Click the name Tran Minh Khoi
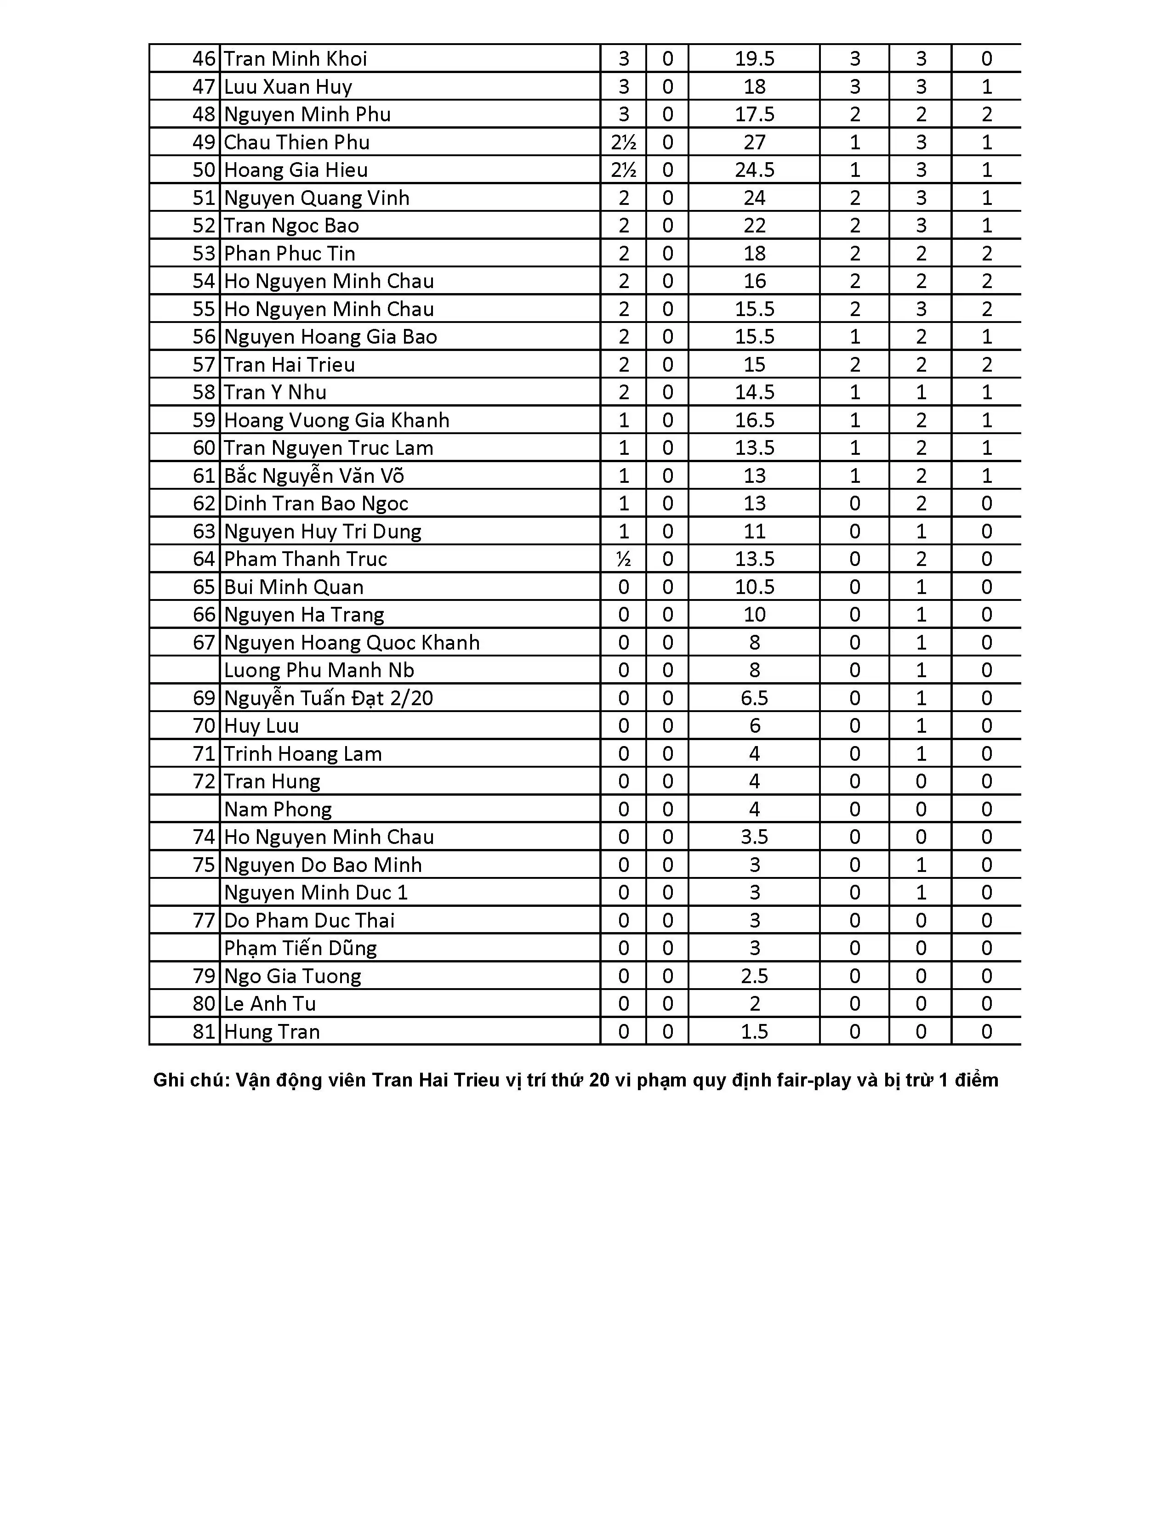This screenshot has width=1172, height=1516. click(x=295, y=59)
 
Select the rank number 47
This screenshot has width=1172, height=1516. click(x=204, y=87)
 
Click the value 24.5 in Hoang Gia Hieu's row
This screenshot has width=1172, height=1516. click(x=754, y=170)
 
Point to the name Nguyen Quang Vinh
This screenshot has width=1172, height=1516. click(x=317, y=198)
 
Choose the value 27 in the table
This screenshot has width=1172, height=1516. click(x=754, y=142)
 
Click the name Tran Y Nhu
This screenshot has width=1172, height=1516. click(x=275, y=392)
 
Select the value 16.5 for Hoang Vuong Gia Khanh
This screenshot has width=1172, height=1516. click(x=754, y=420)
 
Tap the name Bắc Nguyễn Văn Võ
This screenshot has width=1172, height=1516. click(x=314, y=475)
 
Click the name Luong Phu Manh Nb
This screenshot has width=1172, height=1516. click(x=319, y=670)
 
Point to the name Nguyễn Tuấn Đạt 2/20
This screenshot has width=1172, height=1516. click(x=329, y=698)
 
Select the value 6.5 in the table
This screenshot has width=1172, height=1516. click(x=754, y=698)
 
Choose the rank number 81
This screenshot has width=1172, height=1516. click(x=204, y=1031)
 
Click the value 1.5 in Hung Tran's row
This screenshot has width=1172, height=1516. click(x=754, y=1031)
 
